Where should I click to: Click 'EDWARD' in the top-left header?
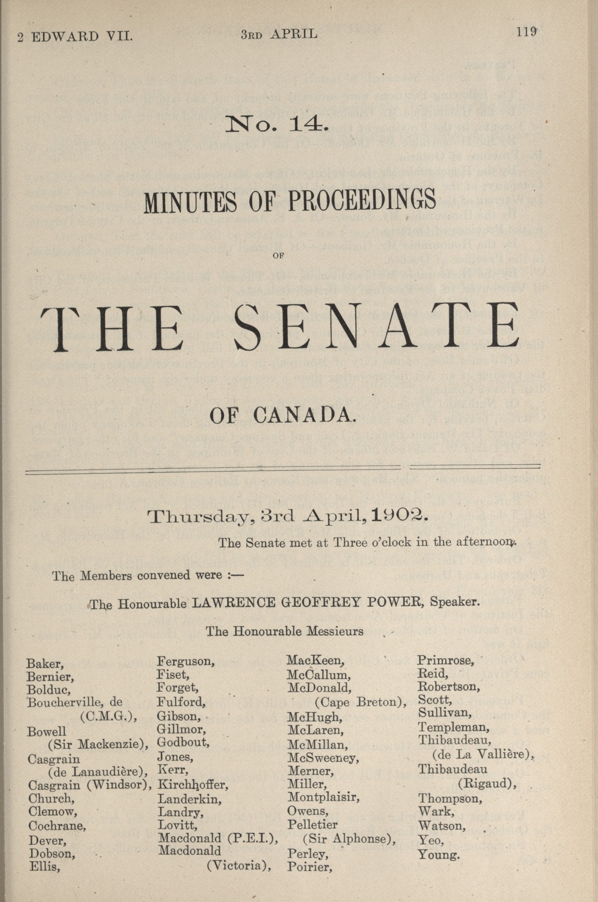pos(65,37)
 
